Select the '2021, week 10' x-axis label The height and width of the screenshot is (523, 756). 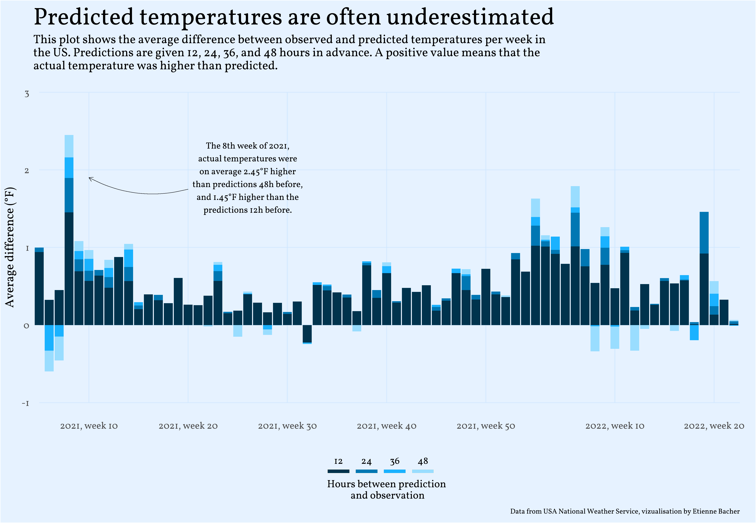[89, 426]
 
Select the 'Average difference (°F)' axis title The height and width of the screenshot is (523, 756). [10, 247]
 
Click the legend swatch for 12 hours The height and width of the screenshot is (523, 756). [338, 471]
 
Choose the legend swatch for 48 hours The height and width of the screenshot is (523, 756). [423, 471]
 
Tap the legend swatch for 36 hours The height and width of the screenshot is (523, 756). [394, 471]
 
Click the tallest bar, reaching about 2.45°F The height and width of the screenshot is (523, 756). [69, 229]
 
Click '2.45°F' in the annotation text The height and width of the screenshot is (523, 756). [256, 172]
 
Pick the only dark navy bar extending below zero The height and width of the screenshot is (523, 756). [307, 334]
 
